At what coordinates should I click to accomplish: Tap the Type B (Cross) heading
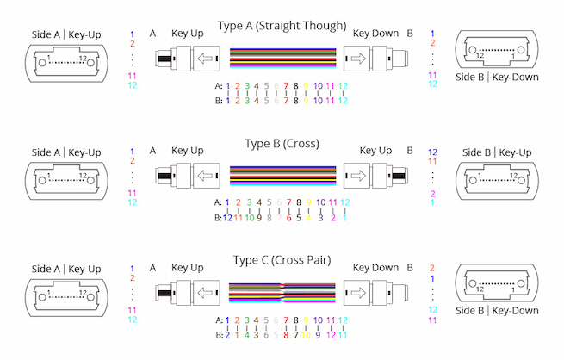[x=282, y=143]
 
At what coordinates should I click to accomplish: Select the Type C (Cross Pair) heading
[x=282, y=260]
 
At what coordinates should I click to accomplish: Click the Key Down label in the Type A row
[x=375, y=34]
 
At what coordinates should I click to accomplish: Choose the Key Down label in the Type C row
[x=375, y=268]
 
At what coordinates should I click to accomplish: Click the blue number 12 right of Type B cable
[x=432, y=152]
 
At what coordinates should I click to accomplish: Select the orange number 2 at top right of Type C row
[x=432, y=269]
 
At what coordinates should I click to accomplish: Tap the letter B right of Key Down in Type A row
[x=410, y=34]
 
